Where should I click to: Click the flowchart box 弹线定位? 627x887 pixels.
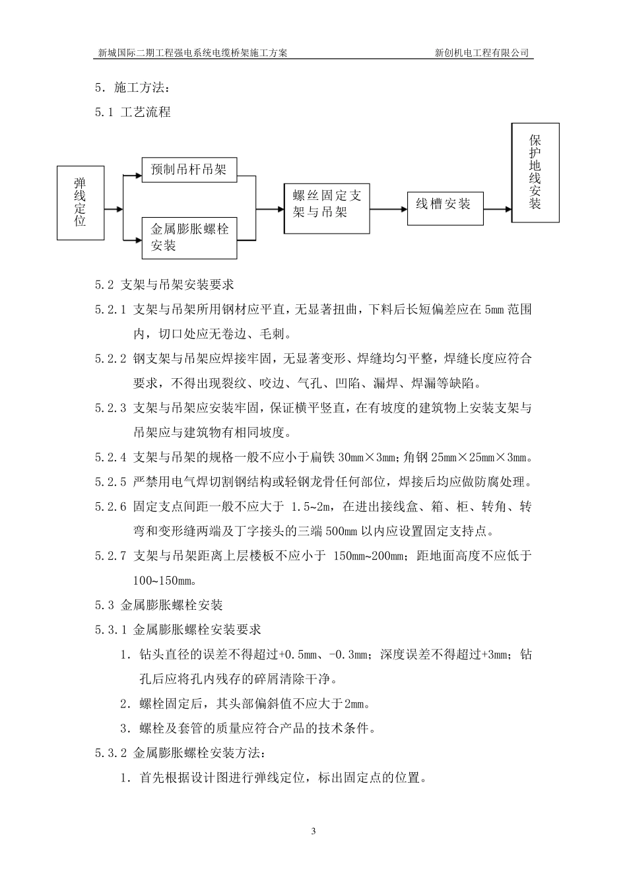click(81, 203)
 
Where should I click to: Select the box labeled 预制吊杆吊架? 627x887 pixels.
click(189, 170)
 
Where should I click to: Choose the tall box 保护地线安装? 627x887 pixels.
click(535, 173)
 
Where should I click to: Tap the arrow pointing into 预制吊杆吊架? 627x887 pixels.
click(133, 176)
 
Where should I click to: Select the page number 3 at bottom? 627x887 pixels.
click(313, 832)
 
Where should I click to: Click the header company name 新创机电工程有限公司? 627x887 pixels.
click(482, 53)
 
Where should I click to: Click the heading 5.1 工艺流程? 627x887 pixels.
click(133, 112)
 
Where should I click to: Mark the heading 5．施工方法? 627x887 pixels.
click(133, 88)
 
